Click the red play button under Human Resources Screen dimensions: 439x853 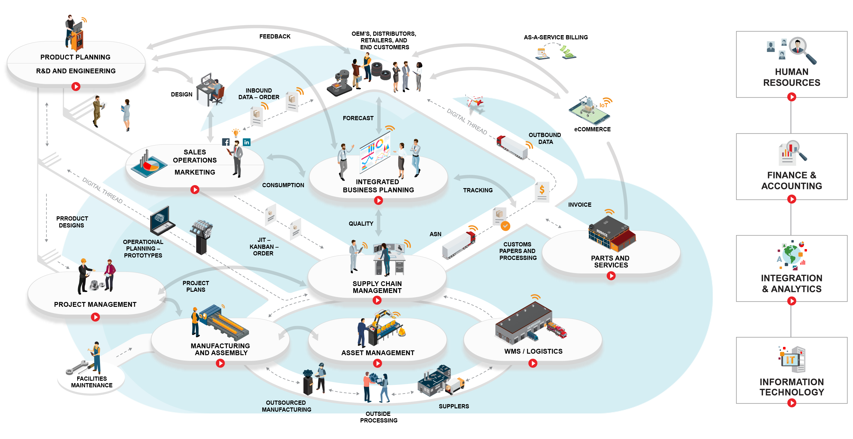click(x=791, y=97)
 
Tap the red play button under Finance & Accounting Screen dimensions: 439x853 click(x=791, y=199)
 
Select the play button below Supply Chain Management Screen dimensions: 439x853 click(x=377, y=300)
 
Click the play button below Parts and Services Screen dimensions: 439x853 click(x=611, y=276)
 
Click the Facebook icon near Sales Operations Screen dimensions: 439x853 click(x=226, y=142)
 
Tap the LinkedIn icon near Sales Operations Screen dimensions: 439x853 click(x=247, y=142)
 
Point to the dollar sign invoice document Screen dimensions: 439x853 click(x=542, y=191)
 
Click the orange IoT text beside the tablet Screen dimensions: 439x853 click(x=603, y=105)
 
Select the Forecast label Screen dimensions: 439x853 click(x=358, y=118)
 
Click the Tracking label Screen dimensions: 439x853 click(x=478, y=190)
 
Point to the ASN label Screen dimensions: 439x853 click(x=435, y=234)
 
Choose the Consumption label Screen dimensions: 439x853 click(x=283, y=185)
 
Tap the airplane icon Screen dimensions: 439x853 click(x=475, y=101)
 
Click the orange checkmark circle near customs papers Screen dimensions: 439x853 click(x=505, y=226)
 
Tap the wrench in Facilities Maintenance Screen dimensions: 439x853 click(x=78, y=367)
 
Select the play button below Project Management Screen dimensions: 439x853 click(x=96, y=317)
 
